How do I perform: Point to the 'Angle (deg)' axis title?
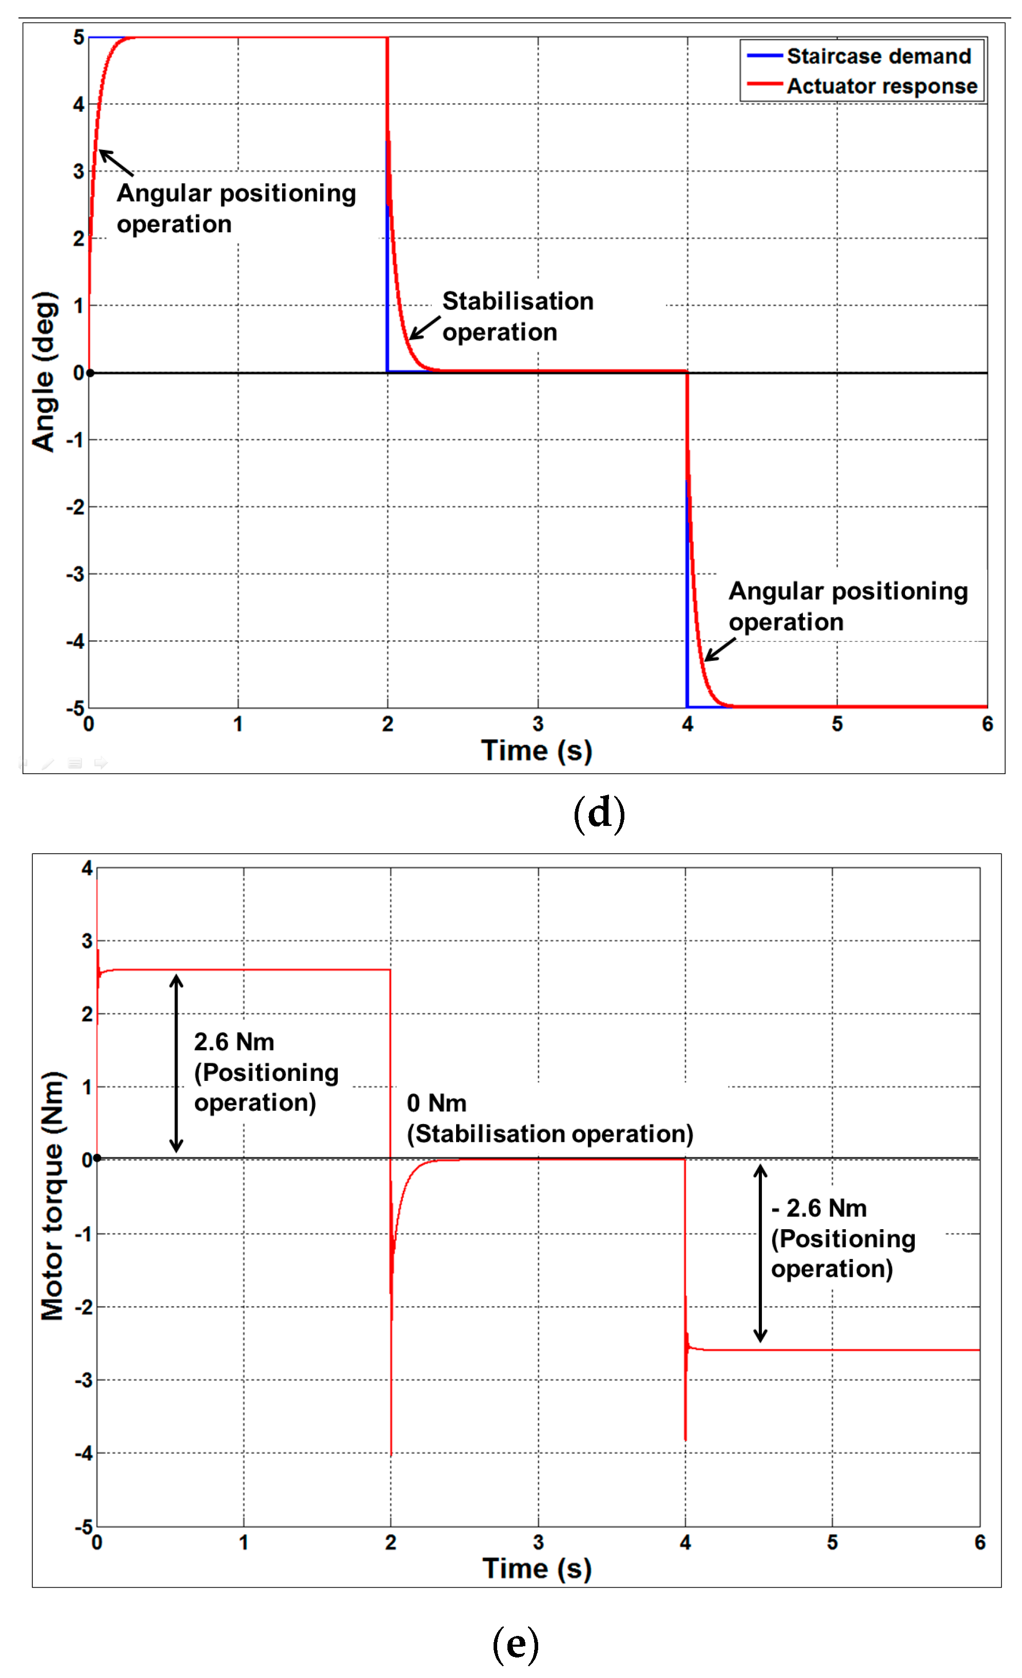click(44, 372)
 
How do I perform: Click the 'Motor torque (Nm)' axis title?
click(52, 1196)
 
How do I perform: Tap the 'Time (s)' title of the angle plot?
click(537, 751)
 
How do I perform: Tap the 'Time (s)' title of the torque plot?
click(537, 1568)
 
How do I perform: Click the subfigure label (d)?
click(599, 813)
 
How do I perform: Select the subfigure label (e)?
click(516, 1643)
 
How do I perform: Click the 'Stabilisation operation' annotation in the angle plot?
click(518, 316)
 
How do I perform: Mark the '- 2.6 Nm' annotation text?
click(819, 1208)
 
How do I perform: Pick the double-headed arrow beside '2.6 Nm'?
click(176, 1063)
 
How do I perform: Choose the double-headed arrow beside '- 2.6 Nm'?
click(760, 1253)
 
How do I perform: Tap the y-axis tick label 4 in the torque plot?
click(87, 868)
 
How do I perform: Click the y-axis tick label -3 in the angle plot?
click(75, 574)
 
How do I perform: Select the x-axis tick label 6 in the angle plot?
click(987, 724)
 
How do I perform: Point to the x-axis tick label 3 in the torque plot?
click(538, 1543)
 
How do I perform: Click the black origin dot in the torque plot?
click(97, 1158)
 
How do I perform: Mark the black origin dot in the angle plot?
click(90, 373)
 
